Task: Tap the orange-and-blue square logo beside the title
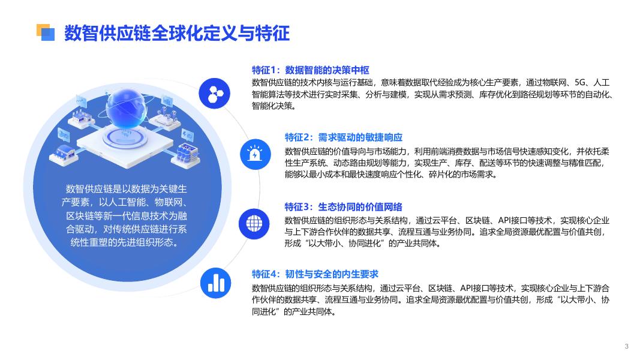point(46,32)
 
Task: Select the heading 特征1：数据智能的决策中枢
point(311,70)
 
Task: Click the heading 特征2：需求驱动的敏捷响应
point(344,137)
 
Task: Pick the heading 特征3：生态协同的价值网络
point(344,207)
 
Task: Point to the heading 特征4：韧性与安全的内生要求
point(315,274)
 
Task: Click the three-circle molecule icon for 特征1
point(215,94)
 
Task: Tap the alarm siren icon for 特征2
point(256,154)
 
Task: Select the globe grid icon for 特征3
point(254,224)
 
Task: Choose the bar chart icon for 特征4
point(216,283)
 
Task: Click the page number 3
point(627,347)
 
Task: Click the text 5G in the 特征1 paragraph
point(579,83)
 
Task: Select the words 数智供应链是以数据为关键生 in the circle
point(126,189)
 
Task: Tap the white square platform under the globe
point(125,146)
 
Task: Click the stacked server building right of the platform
point(187,155)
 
